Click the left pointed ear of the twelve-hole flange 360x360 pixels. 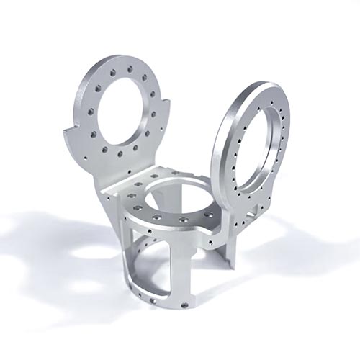[x=70, y=132]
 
